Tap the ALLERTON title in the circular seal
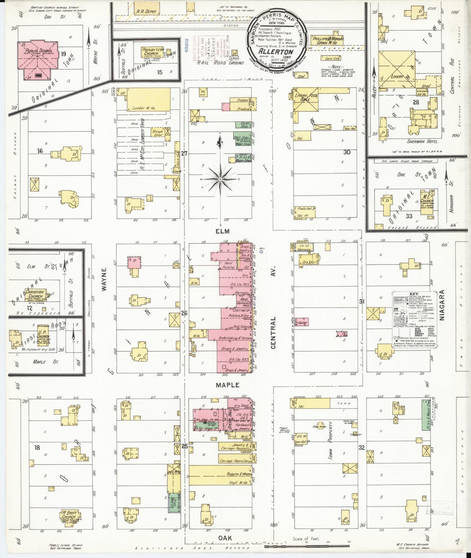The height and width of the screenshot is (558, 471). [276, 51]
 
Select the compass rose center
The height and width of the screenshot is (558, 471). [220, 179]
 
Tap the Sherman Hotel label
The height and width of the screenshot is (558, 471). [422, 142]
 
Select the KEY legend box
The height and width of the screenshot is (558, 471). [414, 320]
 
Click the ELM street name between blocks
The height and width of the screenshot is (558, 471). [222, 231]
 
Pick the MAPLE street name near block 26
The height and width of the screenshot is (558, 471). [228, 385]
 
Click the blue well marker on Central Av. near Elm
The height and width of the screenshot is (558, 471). [261, 251]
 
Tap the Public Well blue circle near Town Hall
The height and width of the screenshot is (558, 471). [288, 431]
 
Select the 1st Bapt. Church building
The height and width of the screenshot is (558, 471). [69, 516]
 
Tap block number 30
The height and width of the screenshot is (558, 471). [346, 152]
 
